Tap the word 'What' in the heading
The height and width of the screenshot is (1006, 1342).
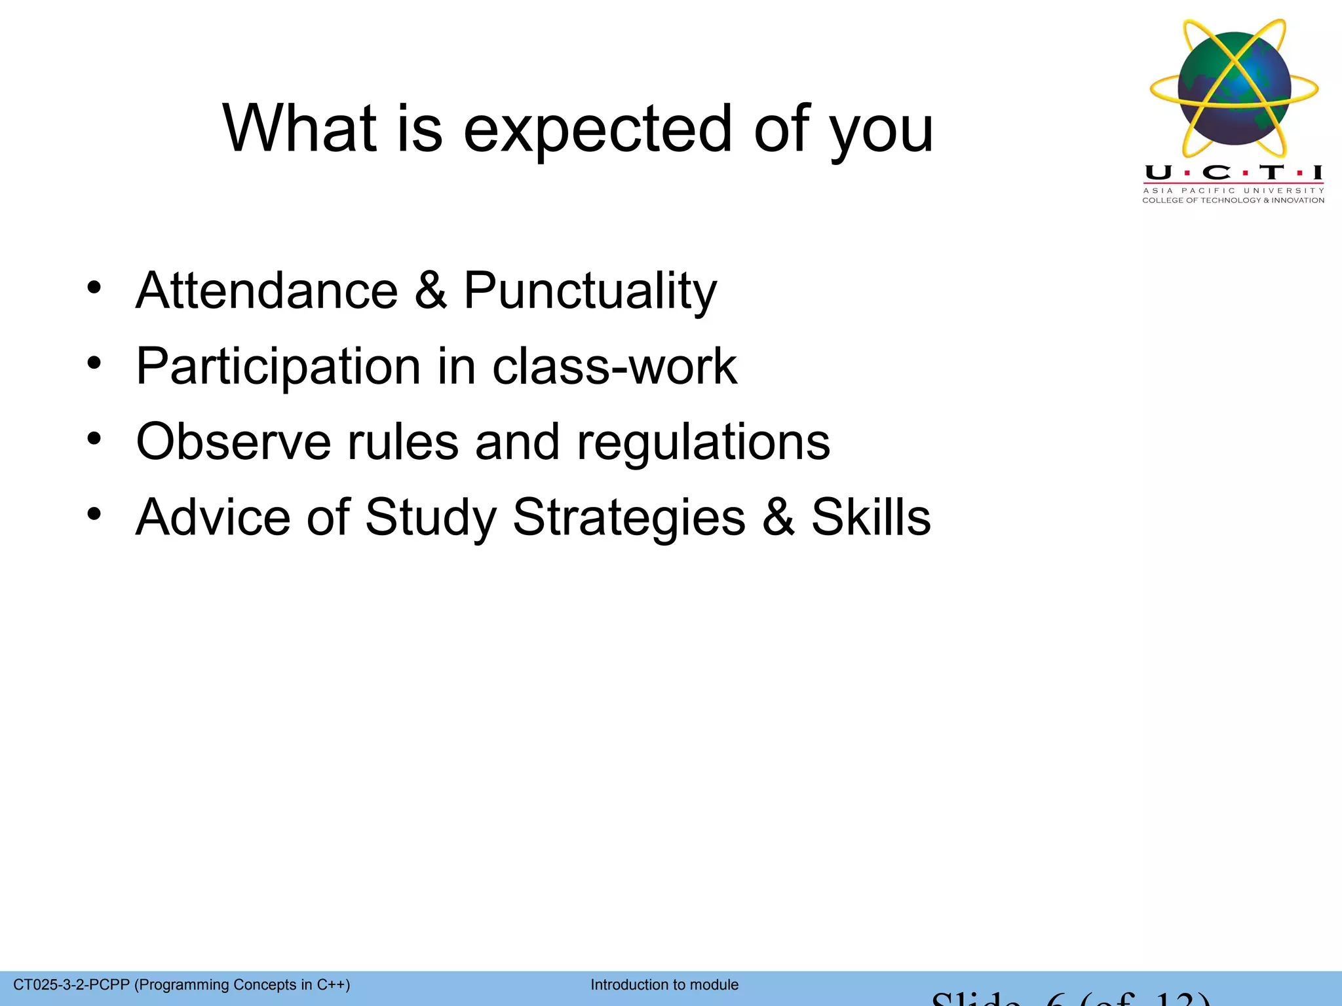pos(300,129)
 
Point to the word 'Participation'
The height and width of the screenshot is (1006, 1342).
pos(278,366)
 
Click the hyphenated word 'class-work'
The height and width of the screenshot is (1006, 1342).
pos(614,366)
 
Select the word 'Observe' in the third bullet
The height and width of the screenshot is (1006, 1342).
pos(233,441)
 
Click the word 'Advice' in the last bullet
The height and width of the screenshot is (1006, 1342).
pos(212,517)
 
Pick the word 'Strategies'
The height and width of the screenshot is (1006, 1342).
pos(628,517)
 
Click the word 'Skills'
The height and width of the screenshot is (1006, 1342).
pos(871,517)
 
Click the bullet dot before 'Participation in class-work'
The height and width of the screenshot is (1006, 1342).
pos(94,363)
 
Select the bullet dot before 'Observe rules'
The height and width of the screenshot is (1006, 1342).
pos(94,439)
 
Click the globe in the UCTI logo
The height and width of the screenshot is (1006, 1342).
pos(1234,88)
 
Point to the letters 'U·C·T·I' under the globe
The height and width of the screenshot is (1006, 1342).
pos(1233,173)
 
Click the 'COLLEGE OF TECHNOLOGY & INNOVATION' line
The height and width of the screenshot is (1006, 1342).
pos(1233,200)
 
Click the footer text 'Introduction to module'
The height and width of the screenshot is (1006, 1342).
pos(664,984)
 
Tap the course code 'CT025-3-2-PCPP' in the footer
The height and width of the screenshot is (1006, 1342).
pos(71,984)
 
